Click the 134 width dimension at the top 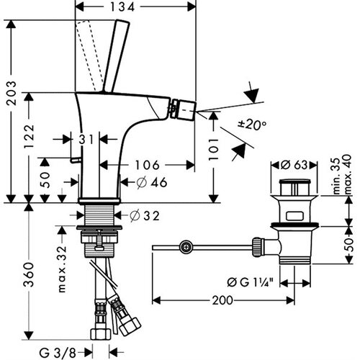pos(122,7)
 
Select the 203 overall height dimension pos(12,93)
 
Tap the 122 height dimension pos(30,136)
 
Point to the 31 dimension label pos(86,139)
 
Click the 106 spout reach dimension pos(147,165)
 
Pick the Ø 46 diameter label pos(152,182)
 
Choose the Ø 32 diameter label pos(145,215)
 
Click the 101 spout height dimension pos(213,149)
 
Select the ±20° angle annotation pos(252,125)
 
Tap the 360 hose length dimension pos(29,275)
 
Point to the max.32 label pos(62,269)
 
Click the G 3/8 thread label pos(58,353)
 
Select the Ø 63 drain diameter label pos(294,165)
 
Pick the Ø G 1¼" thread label pos(251,282)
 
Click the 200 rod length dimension pos(222,300)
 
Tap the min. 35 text pos(336,176)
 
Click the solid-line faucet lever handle pos(117,56)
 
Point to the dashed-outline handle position pos(89,55)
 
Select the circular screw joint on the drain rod pos(186,247)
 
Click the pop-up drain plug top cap pos(294,181)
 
